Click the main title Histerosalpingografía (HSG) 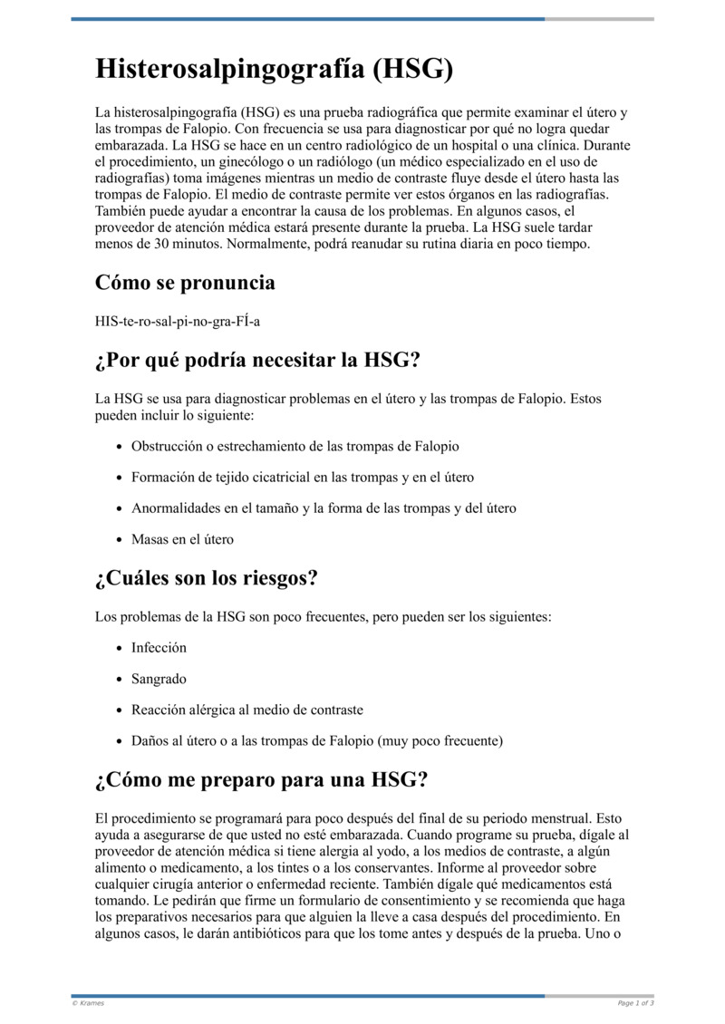pyautogui.click(x=274, y=69)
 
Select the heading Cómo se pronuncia pyautogui.click(x=185, y=283)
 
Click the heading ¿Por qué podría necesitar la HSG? pyautogui.click(x=257, y=360)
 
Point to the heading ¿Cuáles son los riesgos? pyautogui.click(x=207, y=577)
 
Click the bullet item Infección pyautogui.click(x=159, y=648)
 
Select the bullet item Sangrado pyautogui.click(x=159, y=679)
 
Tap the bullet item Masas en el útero pyautogui.click(x=182, y=539)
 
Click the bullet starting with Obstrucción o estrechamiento pyautogui.click(x=295, y=447)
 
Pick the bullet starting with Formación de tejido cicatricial pyautogui.click(x=302, y=478)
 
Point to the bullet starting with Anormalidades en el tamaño pyautogui.click(x=324, y=508)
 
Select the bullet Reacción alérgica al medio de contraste pyautogui.click(x=246, y=710)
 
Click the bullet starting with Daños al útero pyautogui.click(x=316, y=740)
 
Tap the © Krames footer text pyautogui.click(x=88, y=1003)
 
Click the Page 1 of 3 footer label pyautogui.click(x=635, y=1003)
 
